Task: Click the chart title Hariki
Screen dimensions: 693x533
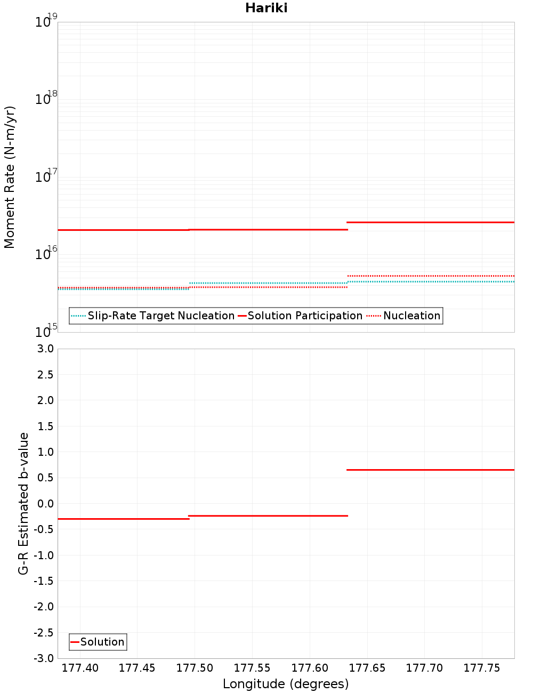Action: coord(266,8)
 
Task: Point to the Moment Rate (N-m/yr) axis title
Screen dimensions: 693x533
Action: coord(10,177)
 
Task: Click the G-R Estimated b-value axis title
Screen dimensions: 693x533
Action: coord(23,504)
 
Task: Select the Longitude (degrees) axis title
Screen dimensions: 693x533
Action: coord(286,684)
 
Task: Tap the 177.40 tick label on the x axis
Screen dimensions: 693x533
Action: coord(80,668)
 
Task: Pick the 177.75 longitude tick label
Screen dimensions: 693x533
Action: coord(482,668)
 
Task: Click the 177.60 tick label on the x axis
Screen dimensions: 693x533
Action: coord(310,668)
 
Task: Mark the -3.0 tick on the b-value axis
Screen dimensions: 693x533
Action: coord(44,658)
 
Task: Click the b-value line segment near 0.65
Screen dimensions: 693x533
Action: coord(431,470)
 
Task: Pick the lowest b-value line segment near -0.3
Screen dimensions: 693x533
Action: coord(124,519)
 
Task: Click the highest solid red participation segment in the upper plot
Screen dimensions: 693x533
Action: coord(431,222)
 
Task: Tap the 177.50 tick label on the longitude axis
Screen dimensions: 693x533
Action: coord(195,668)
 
